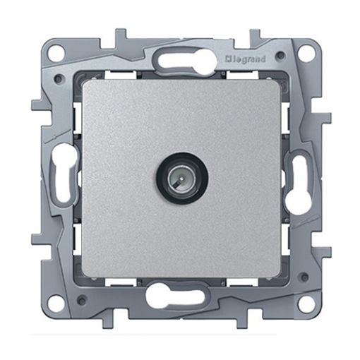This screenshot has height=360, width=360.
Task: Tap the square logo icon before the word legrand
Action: [228, 59]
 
